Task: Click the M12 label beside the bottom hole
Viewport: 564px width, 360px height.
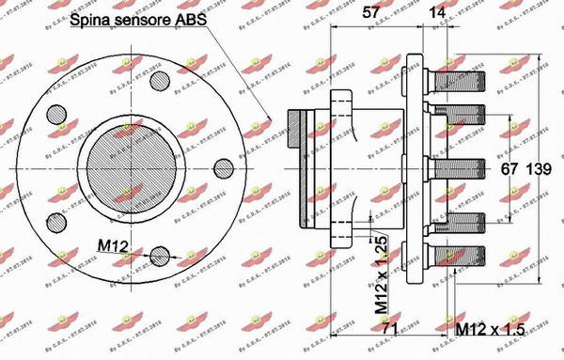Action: pos(114,246)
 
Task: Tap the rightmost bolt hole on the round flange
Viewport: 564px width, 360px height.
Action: pos(223,168)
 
